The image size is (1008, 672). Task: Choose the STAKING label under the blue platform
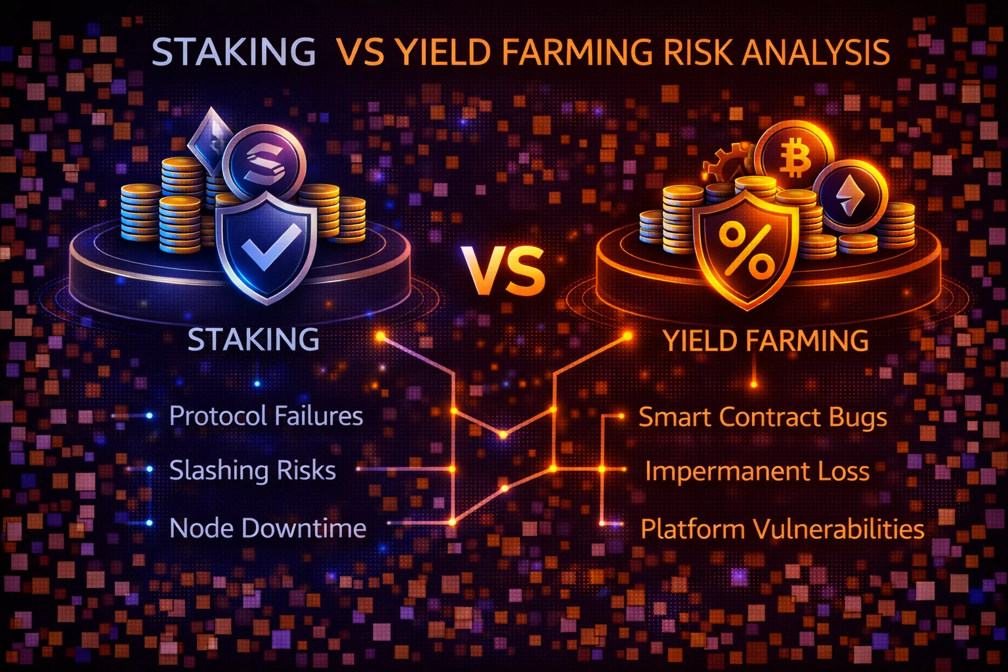pyautogui.click(x=253, y=339)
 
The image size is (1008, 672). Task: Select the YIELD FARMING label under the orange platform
pyautogui.click(x=765, y=341)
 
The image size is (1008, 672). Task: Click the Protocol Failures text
pyautogui.click(x=266, y=416)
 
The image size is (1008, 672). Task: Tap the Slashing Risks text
pyautogui.click(x=252, y=470)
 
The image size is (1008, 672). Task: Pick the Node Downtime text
pyautogui.click(x=268, y=528)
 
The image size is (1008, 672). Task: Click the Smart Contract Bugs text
pyautogui.click(x=763, y=417)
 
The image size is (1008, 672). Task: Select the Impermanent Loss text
pyautogui.click(x=757, y=471)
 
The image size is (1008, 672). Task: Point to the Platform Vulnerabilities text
pyautogui.click(x=782, y=528)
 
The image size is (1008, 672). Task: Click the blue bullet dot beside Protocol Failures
pyautogui.click(x=150, y=415)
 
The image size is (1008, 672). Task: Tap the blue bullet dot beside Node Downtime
pyautogui.click(x=150, y=523)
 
